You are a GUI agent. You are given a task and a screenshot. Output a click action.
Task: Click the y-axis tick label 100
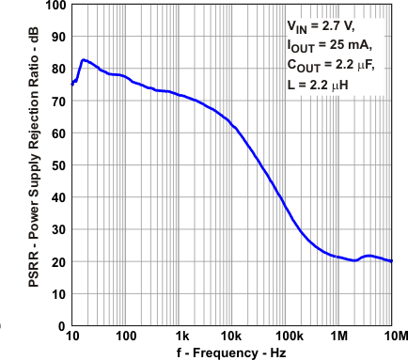[x=55, y=5]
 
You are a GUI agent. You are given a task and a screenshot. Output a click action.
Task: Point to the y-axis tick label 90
[x=57, y=38]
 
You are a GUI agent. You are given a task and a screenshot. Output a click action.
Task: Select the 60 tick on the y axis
[x=57, y=133]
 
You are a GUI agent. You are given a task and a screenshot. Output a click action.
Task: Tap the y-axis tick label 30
[x=57, y=230]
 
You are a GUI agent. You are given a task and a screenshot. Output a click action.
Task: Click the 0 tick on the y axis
[x=61, y=326]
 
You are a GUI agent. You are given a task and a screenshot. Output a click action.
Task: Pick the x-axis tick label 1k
[x=181, y=337]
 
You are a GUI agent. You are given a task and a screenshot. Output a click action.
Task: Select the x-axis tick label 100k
[x=288, y=337]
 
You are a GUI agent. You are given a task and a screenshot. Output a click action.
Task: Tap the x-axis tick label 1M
[x=340, y=337]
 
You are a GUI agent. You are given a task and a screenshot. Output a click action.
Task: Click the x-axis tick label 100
[x=126, y=337]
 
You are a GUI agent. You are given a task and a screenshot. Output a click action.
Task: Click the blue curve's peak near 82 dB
[x=84, y=60]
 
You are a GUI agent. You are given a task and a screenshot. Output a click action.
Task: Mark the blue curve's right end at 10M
[x=392, y=261]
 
